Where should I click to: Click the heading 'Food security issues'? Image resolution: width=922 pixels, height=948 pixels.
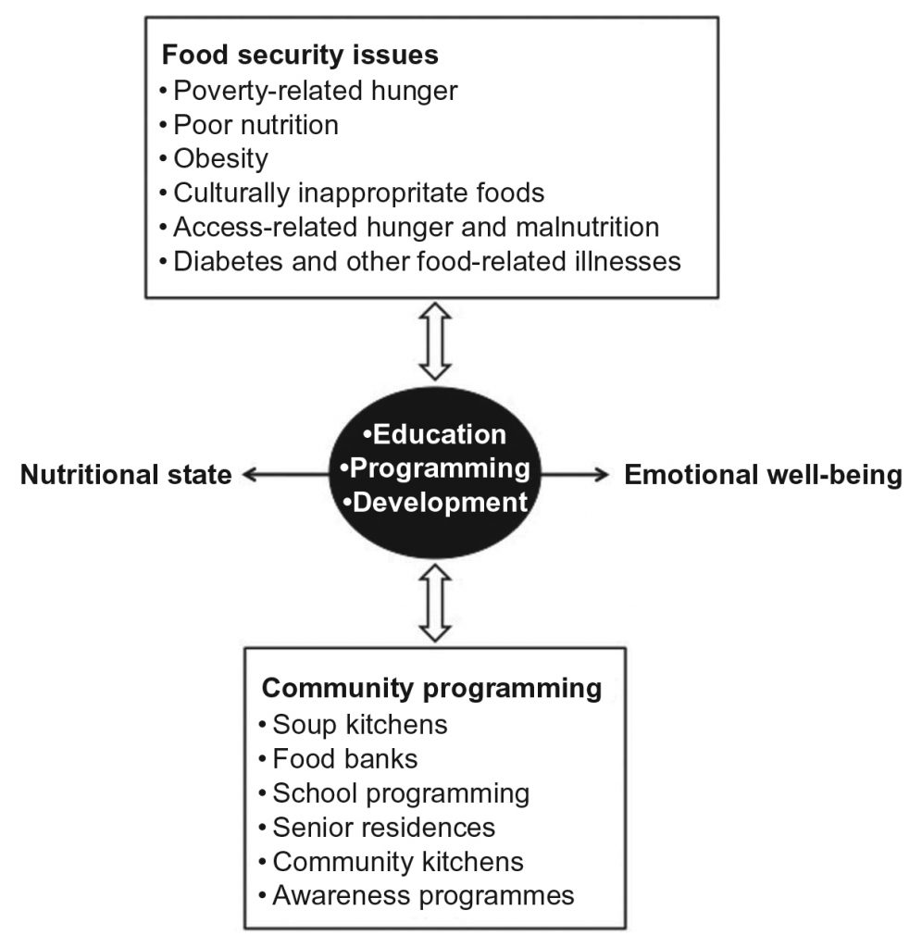(300, 55)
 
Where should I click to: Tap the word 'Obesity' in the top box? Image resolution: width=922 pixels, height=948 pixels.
(220, 158)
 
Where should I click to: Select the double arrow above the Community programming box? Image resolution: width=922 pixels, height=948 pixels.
(435, 604)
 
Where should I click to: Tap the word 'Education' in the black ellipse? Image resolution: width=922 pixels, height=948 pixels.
(439, 434)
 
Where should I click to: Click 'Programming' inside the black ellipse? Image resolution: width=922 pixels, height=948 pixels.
(439, 468)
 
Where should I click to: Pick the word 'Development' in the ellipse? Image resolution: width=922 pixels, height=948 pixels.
(439, 503)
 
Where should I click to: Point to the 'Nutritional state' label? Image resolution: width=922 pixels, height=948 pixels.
(126, 475)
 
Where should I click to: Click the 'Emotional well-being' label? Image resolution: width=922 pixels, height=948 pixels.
(763, 475)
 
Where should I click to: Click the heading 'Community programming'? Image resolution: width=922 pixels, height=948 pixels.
(431, 689)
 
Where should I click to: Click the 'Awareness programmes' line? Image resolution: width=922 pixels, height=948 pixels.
(422, 895)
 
